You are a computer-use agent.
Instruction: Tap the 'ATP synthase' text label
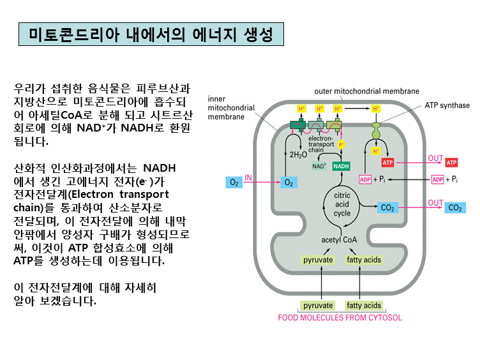pyautogui.click(x=447, y=105)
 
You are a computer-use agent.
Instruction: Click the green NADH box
pyautogui.click(x=341, y=166)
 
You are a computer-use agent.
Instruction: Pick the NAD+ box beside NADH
pyautogui.click(x=319, y=166)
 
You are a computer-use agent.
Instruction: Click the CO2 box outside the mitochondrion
pyautogui.click(x=454, y=208)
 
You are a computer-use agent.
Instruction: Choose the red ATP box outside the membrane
pyautogui.click(x=452, y=162)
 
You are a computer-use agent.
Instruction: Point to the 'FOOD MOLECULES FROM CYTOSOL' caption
pyautogui.click(x=340, y=317)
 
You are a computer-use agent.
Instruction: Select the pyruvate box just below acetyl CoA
pyautogui.click(x=318, y=260)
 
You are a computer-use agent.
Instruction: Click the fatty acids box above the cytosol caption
pyautogui.click(x=364, y=306)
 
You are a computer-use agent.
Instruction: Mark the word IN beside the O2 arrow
pyautogui.click(x=249, y=177)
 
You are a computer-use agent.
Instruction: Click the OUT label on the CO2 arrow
pyautogui.click(x=435, y=203)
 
